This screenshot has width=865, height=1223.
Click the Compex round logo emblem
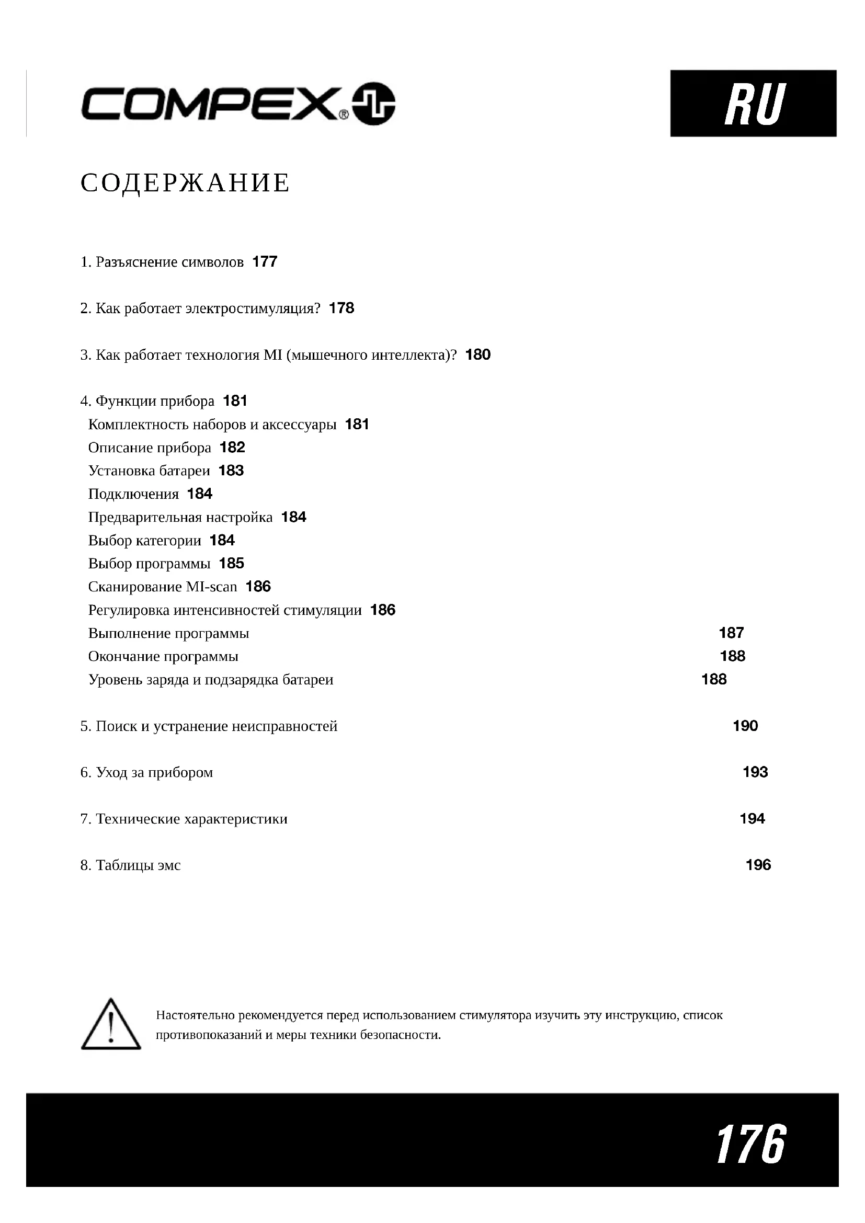(x=374, y=104)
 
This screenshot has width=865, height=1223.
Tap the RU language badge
(x=753, y=104)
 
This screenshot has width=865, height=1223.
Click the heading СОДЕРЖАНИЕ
(x=185, y=183)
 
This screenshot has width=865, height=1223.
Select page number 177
(x=265, y=261)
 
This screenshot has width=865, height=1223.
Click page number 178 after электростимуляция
(x=342, y=308)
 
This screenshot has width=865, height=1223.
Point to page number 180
(x=478, y=355)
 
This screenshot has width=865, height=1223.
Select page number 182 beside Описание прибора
(x=232, y=448)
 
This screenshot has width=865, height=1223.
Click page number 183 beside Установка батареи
(x=231, y=471)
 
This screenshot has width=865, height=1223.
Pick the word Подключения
(x=133, y=494)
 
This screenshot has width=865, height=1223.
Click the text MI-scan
(x=211, y=587)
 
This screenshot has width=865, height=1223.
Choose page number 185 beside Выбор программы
(x=232, y=564)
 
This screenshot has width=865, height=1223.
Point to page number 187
(x=731, y=633)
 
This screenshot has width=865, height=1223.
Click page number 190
(x=745, y=726)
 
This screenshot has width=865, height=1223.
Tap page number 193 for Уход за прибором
(x=755, y=772)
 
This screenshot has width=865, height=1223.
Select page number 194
(x=752, y=819)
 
